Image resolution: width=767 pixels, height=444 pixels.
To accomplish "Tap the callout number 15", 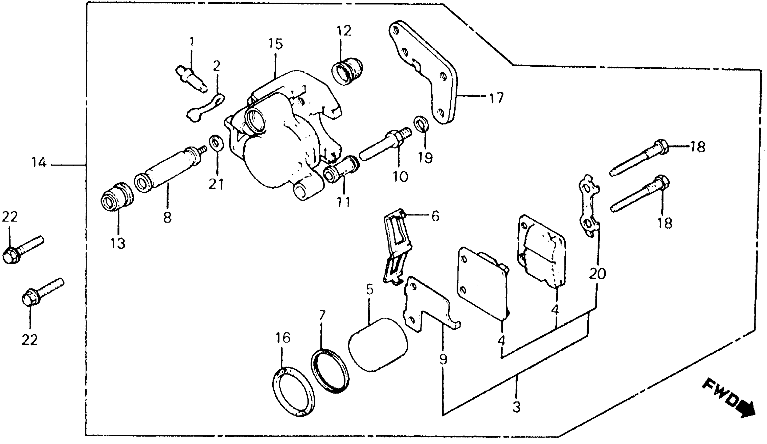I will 275,44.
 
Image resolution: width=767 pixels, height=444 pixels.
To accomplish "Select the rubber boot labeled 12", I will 347,73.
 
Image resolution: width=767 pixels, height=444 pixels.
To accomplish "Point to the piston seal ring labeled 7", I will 330,371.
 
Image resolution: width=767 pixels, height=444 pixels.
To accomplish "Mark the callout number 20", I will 597,274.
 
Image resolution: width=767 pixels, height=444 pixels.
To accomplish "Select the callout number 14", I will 39,163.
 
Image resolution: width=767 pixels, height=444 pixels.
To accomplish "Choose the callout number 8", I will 167,218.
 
